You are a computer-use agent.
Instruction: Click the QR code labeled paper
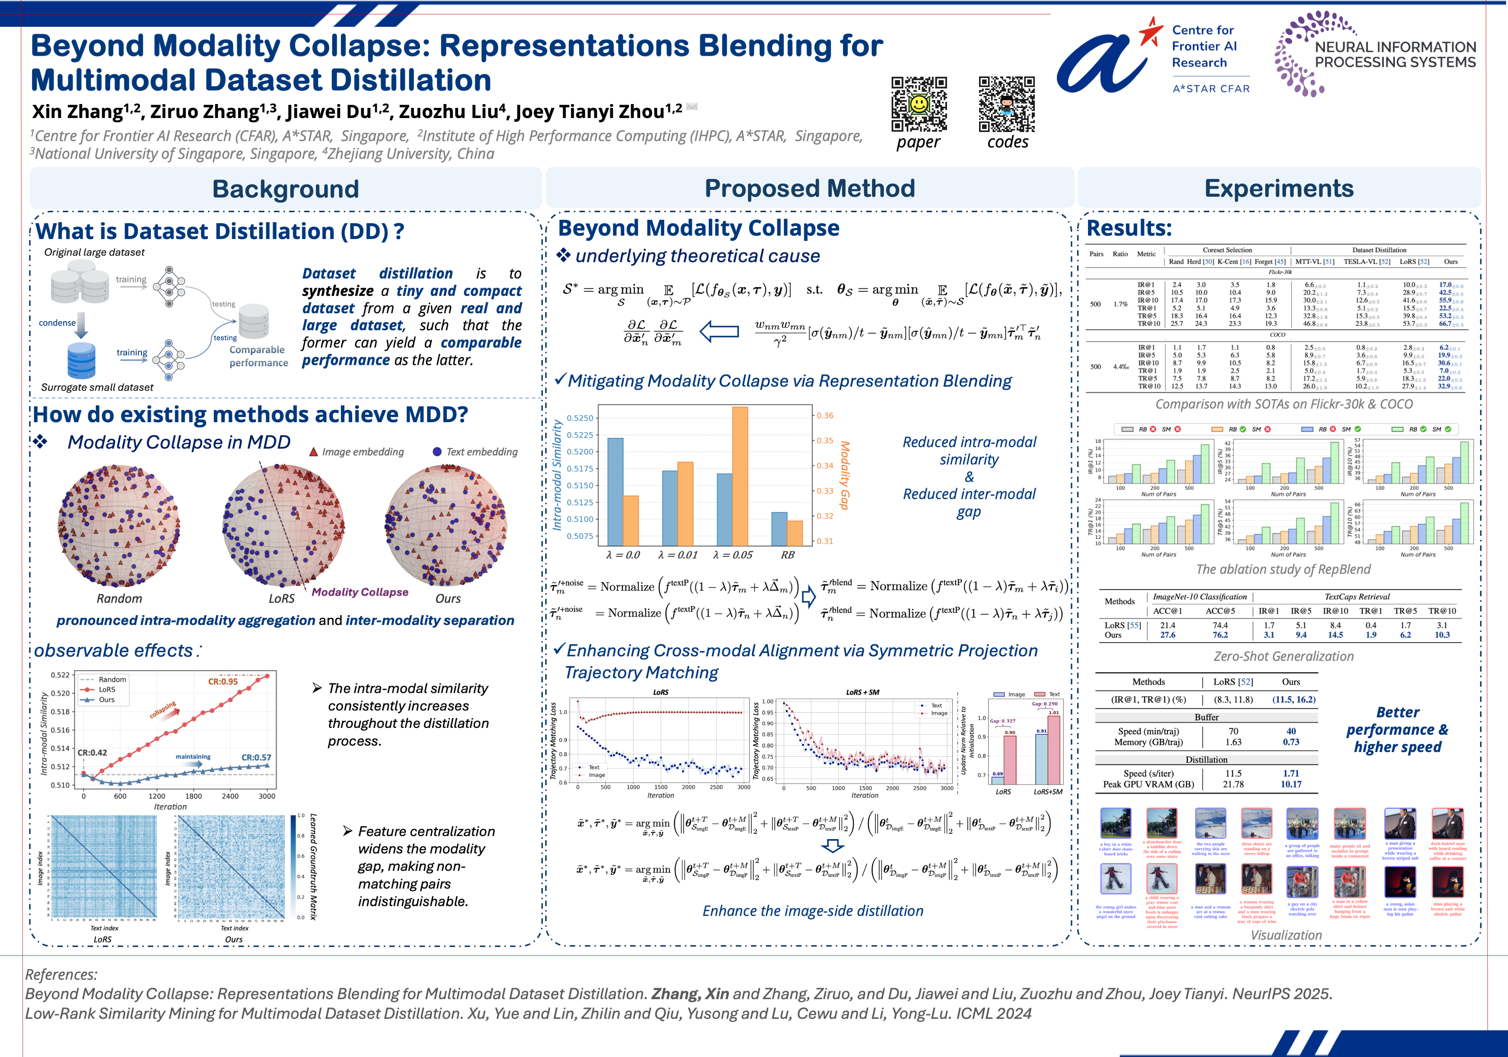pyautogui.click(x=919, y=104)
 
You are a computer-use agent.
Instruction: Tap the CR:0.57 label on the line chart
pyautogui.click(x=256, y=757)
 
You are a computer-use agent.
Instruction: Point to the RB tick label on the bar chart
pyautogui.click(x=788, y=555)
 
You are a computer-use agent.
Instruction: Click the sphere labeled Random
pyautogui.click(x=119, y=525)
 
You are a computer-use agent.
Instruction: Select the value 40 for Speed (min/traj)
pyautogui.click(x=1290, y=731)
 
